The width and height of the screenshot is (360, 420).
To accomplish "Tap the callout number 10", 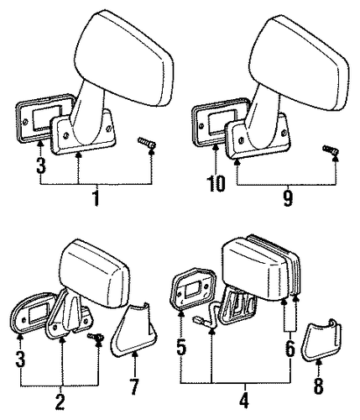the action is point(216,183).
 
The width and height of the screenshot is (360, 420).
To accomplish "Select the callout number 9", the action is point(288,197).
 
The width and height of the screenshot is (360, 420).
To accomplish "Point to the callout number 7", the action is point(134,386).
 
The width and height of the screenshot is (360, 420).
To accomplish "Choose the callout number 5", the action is point(181,346).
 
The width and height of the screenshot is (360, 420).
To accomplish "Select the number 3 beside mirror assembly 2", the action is point(20,358).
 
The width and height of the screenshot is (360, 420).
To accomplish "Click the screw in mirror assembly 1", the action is point(147,143).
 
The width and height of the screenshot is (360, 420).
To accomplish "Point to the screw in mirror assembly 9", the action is point(331,150).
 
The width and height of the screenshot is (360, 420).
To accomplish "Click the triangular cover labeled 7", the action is point(133,329).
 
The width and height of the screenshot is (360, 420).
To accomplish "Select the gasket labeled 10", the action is point(216,122).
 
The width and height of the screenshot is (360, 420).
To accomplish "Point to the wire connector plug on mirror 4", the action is point(197,320).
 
